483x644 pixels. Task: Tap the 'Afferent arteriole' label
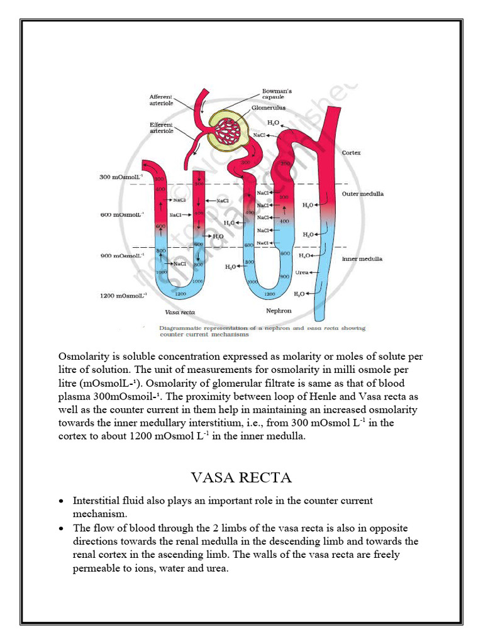[x=162, y=99]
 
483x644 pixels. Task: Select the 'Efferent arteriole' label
[x=162, y=127]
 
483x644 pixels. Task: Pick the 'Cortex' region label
[x=351, y=153]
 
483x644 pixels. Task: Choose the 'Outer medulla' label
[x=362, y=194]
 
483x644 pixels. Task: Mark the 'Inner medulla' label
[x=362, y=258]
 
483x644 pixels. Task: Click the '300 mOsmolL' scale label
[x=122, y=177]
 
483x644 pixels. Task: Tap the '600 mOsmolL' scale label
[x=122, y=214]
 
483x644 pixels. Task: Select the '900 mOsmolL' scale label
[x=122, y=255]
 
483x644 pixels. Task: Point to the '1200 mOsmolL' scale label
[x=123, y=295]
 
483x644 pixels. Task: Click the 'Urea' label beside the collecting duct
[x=301, y=272]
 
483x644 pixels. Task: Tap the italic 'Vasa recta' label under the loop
[x=179, y=312]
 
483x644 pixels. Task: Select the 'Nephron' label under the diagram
[x=279, y=311]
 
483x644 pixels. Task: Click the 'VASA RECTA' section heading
[x=241, y=478]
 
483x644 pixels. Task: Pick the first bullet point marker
[x=60, y=502]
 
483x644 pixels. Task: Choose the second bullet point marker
[x=60, y=529]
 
